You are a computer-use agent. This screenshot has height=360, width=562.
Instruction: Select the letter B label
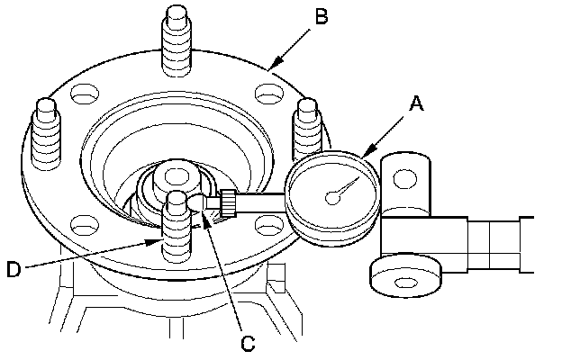322,15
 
